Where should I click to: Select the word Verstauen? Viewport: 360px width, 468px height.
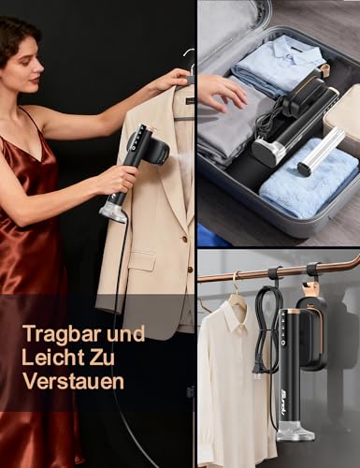[74, 381]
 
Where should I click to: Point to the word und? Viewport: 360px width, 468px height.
[126, 334]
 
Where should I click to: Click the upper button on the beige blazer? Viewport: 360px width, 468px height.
[184, 240]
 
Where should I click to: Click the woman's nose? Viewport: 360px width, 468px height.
[40, 68]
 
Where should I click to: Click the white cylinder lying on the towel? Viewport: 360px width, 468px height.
[322, 151]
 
